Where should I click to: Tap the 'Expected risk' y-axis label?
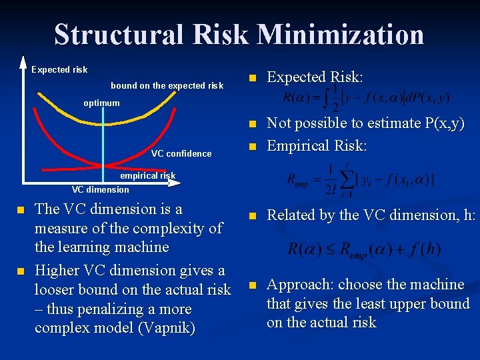click(59, 70)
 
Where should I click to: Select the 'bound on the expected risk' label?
click(167, 85)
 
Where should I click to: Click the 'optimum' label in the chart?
click(101, 103)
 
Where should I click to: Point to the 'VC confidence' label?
click(181, 154)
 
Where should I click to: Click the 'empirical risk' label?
click(147, 176)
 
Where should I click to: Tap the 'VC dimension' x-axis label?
click(101, 189)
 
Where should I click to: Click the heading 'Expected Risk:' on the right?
click(315, 77)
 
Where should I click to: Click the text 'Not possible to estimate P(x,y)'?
click(365, 123)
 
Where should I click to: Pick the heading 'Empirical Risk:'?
click(317, 146)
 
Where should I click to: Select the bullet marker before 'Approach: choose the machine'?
click(252, 285)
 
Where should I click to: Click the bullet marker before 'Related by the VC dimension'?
click(252, 216)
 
